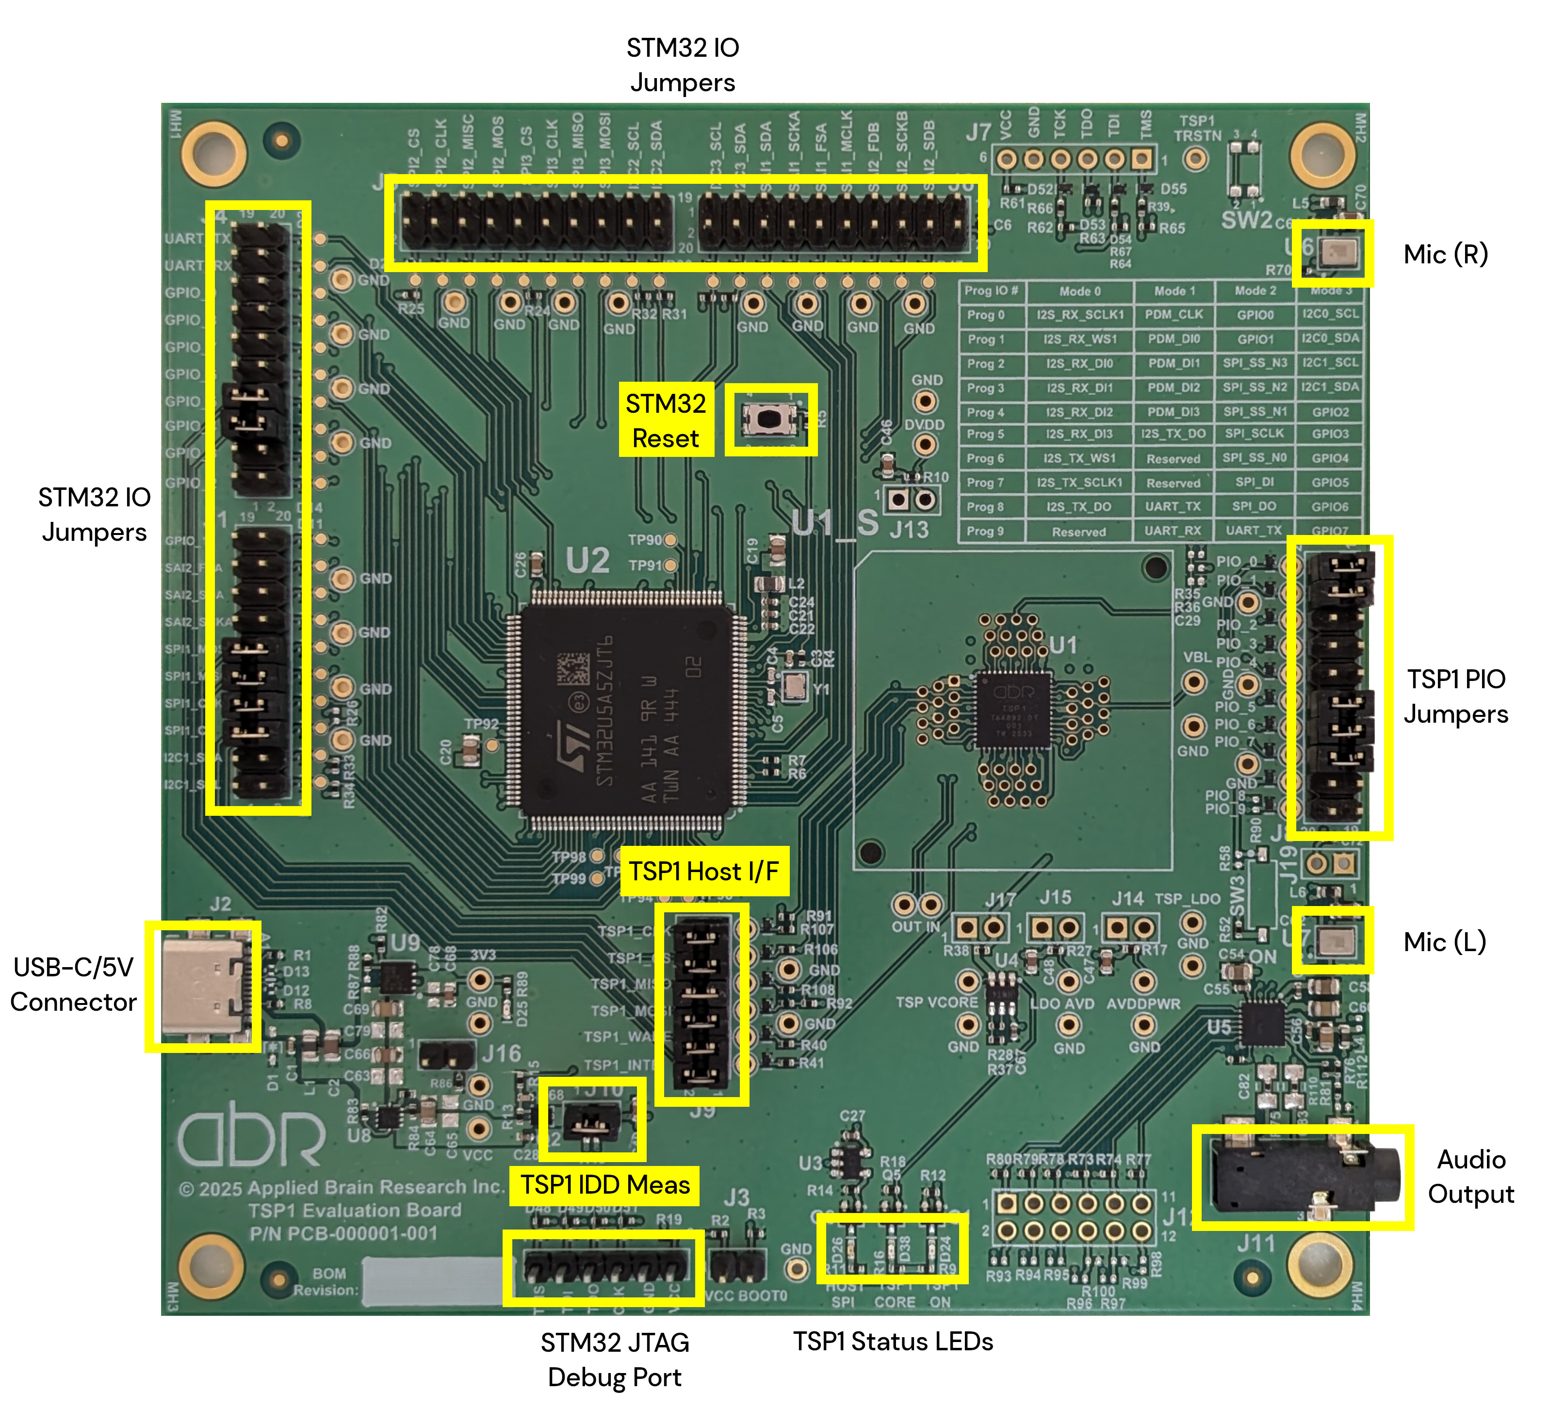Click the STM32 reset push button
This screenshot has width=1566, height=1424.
768,419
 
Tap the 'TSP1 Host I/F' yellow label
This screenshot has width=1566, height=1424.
704,871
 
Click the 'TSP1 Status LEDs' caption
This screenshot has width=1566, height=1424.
893,1341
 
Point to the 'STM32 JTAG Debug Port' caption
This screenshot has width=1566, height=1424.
615,1359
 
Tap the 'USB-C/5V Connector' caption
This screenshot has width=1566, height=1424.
74,985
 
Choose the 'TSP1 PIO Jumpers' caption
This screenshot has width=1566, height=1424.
1456,696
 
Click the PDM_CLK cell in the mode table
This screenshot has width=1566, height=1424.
1173,314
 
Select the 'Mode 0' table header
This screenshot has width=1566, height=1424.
1080,291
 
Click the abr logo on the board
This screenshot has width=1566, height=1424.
251,1139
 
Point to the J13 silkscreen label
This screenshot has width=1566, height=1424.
909,530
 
